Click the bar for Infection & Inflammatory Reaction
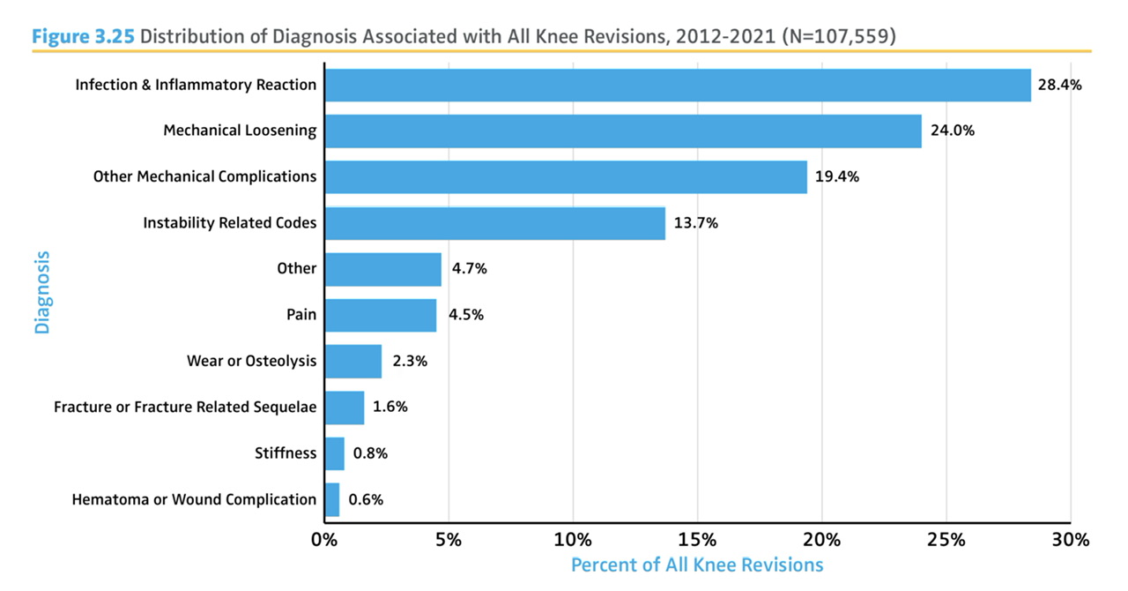coord(677,86)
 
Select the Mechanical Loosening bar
coord(622,131)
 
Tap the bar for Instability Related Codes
coord(494,223)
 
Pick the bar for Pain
coord(380,315)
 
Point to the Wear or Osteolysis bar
coord(352,361)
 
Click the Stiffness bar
coord(334,453)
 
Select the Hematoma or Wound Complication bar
coord(331,499)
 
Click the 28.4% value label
coord(1059,86)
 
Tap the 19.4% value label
coord(836,176)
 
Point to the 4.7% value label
coord(469,269)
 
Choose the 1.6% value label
coord(390,408)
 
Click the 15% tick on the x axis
coord(697,539)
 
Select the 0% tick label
coord(324,539)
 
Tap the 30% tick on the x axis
coord(1070,539)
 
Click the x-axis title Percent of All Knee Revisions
coord(696,565)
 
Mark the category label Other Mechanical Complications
coord(204,176)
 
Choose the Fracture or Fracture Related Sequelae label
coord(185,408)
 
